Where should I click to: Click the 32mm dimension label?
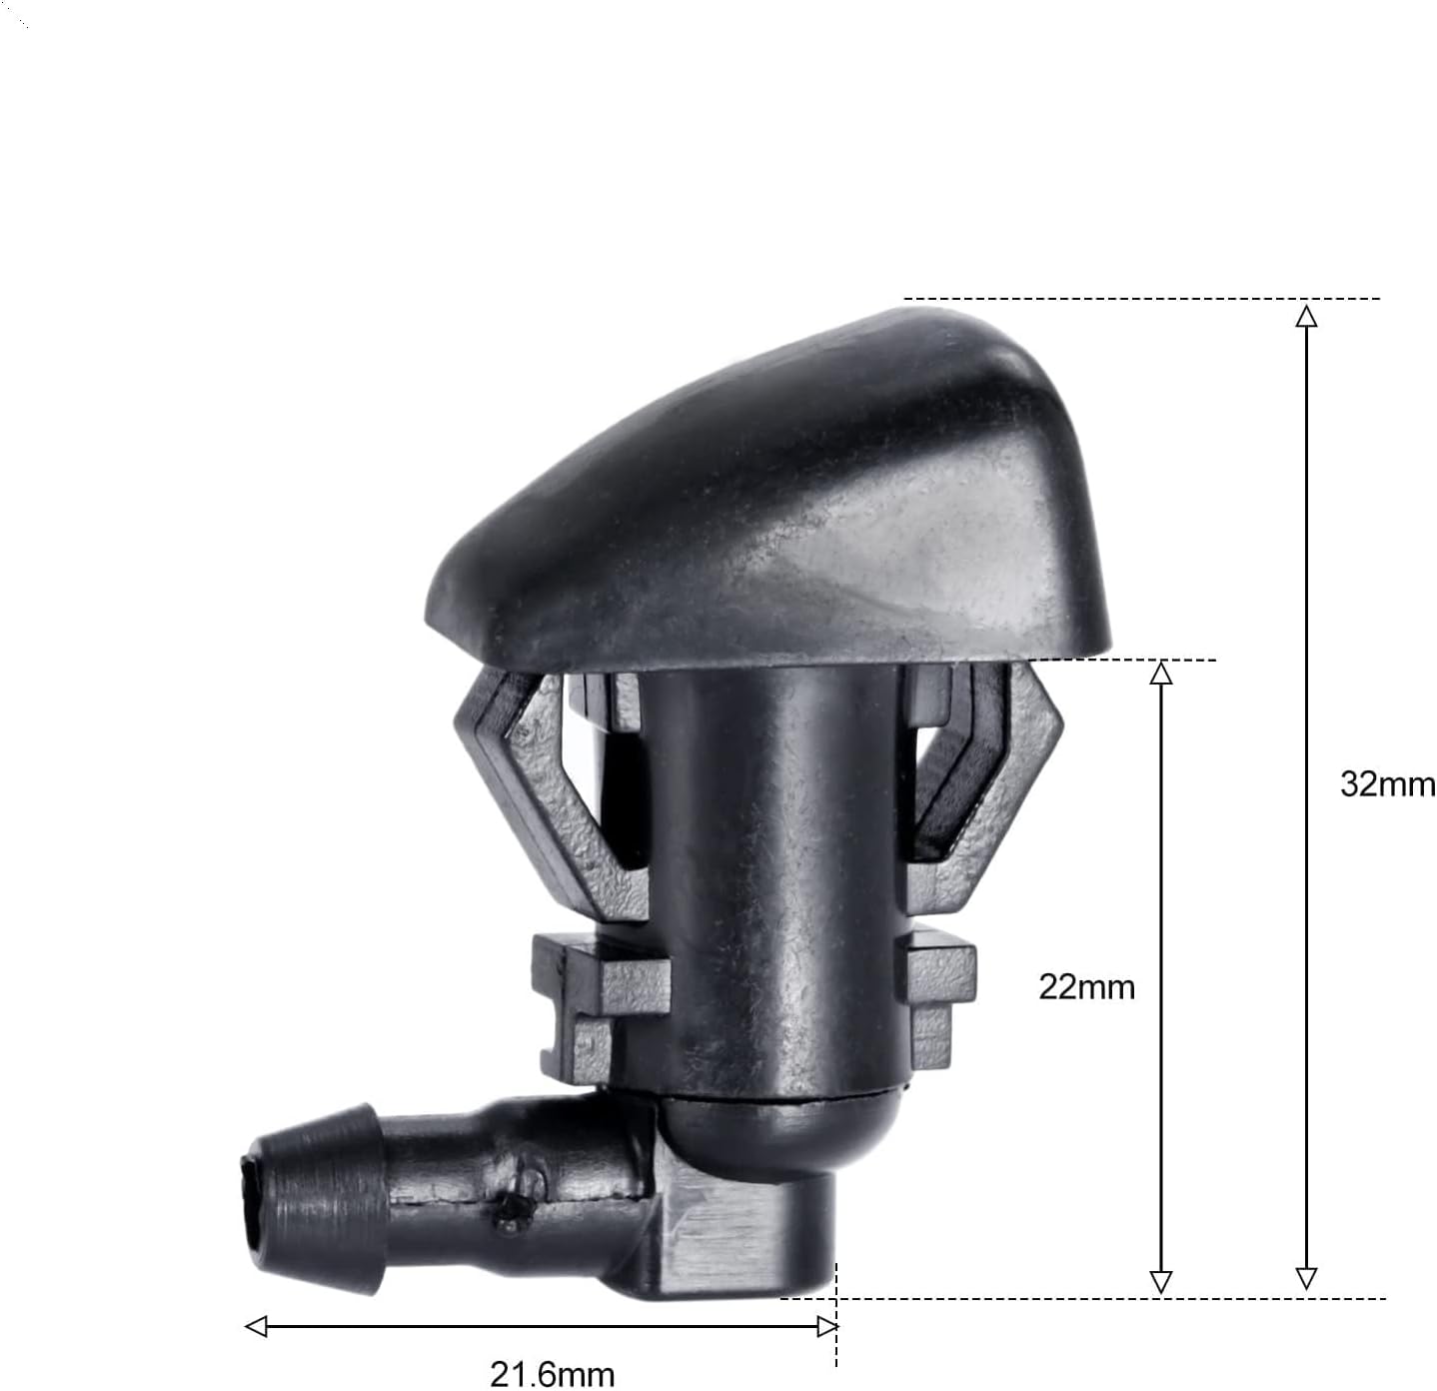click(x=1387, y=784)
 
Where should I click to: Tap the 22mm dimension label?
click(x=1086, y=987)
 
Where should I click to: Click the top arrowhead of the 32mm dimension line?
click(x=1306, y=316)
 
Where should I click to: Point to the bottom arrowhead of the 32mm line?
click(x=1306, y=1279)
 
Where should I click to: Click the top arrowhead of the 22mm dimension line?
click(x=1161, y=673)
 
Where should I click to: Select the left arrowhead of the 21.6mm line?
click(x=256, y=1326)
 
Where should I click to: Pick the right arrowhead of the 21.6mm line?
click(x=827, y=1326)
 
